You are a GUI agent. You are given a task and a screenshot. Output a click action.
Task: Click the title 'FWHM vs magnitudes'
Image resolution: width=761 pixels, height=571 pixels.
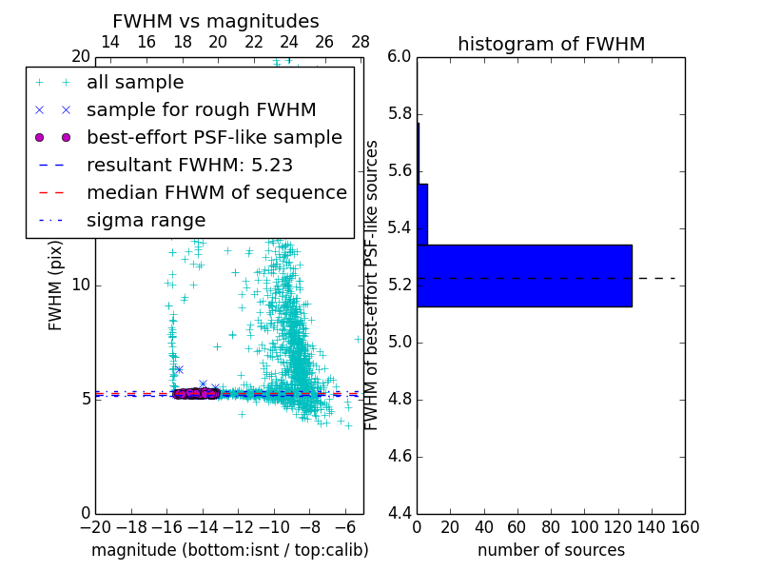tap(215, 21)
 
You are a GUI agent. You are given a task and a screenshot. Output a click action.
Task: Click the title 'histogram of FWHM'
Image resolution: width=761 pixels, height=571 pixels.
tap(551, 44)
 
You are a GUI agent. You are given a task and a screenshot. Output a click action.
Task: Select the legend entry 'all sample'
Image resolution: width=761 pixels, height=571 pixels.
tap(135, 83)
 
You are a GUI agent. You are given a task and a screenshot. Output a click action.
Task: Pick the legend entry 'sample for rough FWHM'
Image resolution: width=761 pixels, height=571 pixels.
tap(201, 109)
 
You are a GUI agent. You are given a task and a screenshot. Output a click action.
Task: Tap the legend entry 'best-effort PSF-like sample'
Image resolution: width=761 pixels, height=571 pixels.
tap(214, 137)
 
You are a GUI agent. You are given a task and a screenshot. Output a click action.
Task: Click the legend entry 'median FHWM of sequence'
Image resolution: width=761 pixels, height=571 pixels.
tap(216, 192)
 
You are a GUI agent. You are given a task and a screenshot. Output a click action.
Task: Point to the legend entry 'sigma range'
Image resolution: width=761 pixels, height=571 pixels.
tap(146, 220)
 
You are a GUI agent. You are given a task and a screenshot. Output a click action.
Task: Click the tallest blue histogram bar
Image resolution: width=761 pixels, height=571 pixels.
tap(524, 276)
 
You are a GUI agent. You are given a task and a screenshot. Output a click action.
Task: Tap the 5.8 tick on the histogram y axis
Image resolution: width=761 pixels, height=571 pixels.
tap(399, 114)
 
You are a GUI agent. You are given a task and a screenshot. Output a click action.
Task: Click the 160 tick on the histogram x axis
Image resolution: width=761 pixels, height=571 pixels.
tap(685, 527)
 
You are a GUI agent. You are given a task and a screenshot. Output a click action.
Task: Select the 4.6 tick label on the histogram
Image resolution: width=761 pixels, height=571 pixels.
tap(399, 456)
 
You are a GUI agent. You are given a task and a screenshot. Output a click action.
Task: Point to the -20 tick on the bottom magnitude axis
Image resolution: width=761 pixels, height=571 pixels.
tap(95, 527)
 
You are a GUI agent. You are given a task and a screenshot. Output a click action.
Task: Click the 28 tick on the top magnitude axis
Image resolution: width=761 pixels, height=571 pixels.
tap(361, 43)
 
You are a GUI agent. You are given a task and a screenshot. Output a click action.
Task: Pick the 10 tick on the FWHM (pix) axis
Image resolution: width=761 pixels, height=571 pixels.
tap(81, 285)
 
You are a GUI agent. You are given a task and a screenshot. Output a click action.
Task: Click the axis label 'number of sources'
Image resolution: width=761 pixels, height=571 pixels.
tap(551, 550)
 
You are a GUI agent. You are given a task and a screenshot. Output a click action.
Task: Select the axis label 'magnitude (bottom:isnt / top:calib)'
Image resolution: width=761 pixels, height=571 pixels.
tap(229, 550)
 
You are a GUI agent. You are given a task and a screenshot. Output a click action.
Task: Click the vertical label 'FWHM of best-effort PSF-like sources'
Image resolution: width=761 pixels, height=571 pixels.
tap(373, 285)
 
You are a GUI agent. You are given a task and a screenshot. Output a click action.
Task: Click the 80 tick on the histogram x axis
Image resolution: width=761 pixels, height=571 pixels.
tap(551, 527)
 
